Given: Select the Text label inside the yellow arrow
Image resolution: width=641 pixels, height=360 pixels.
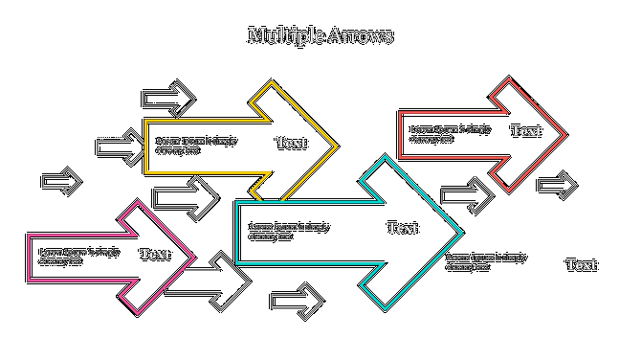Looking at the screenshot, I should pos(291,143).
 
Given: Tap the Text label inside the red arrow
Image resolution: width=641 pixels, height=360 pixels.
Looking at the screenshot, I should pos(525,131).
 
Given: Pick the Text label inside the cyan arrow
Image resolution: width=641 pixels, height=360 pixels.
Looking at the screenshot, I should pos(402,228).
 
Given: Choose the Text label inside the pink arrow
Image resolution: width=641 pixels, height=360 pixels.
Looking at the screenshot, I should pos(155,254).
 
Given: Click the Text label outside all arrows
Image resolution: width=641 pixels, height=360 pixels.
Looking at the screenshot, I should pos(581,265).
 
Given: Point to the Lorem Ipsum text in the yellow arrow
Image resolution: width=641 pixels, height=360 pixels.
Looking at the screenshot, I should pos(196,146).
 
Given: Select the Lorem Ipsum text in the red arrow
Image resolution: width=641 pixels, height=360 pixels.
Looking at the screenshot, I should pos(451,134).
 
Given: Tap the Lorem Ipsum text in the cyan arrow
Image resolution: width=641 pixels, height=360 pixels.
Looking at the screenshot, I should pos(289,232).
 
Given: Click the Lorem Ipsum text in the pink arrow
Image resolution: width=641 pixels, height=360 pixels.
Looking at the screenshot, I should pos(79,257).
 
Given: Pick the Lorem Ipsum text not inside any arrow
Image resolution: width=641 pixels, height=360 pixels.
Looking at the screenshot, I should pos(486,261).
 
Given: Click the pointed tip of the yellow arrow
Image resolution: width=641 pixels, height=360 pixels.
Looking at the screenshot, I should pos(336,146).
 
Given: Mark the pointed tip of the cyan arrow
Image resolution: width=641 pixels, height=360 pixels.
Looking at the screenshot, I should pos(461,233).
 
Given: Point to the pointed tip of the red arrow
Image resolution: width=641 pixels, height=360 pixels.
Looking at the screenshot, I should pos(565,135).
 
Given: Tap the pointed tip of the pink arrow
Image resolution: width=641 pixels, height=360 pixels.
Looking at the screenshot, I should pos(194,257).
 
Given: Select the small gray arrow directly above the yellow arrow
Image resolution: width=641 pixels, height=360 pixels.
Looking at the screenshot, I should pos(169,99).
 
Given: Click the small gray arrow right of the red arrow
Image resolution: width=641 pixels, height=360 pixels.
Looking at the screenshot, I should pos(557,186).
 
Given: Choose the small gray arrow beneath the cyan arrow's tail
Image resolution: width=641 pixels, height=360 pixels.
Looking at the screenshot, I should pos(297,301).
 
